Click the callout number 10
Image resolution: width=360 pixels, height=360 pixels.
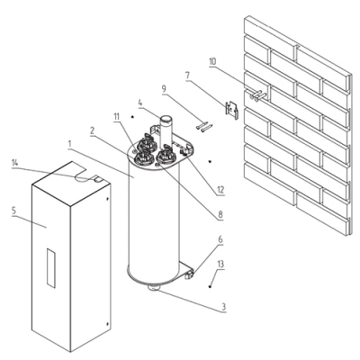click(212, 62)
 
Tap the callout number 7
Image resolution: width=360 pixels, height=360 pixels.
click(187, 75)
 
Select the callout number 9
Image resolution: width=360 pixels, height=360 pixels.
click(164, 89)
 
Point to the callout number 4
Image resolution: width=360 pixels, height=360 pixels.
click(140, 103)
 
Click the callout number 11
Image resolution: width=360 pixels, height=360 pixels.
click(117, 117)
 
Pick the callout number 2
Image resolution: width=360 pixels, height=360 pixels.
click(93, 130)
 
